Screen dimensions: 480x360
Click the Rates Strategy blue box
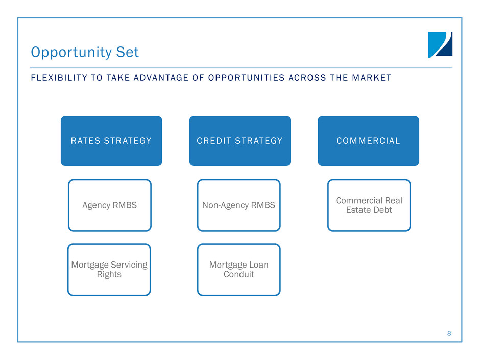[x=111, y=141]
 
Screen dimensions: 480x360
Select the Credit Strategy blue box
[x=240, y=141]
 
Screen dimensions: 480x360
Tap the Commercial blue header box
[x=369, y=141]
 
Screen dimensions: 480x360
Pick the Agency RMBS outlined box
[x=110, y=205]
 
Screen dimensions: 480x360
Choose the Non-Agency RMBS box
[x=239, y=205]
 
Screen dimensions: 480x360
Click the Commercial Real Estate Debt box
[x=369, y=205]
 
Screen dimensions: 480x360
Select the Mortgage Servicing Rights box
[x=109, y=270]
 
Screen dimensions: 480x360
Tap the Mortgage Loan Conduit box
[x=239, y=270]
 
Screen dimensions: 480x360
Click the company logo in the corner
[x=440, y=45]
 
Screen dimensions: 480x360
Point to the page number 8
[x=449, y=333]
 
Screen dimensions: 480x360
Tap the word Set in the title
[x=127, y=52]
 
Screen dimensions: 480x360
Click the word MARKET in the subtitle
[x=372, y=78]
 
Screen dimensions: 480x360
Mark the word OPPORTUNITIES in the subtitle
[x=247, y=78]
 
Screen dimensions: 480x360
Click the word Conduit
[x=239, y=274]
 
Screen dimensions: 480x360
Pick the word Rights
[x=109, y=275]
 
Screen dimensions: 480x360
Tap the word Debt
[x=382, y=210]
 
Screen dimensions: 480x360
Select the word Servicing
[x=129, y=265]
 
